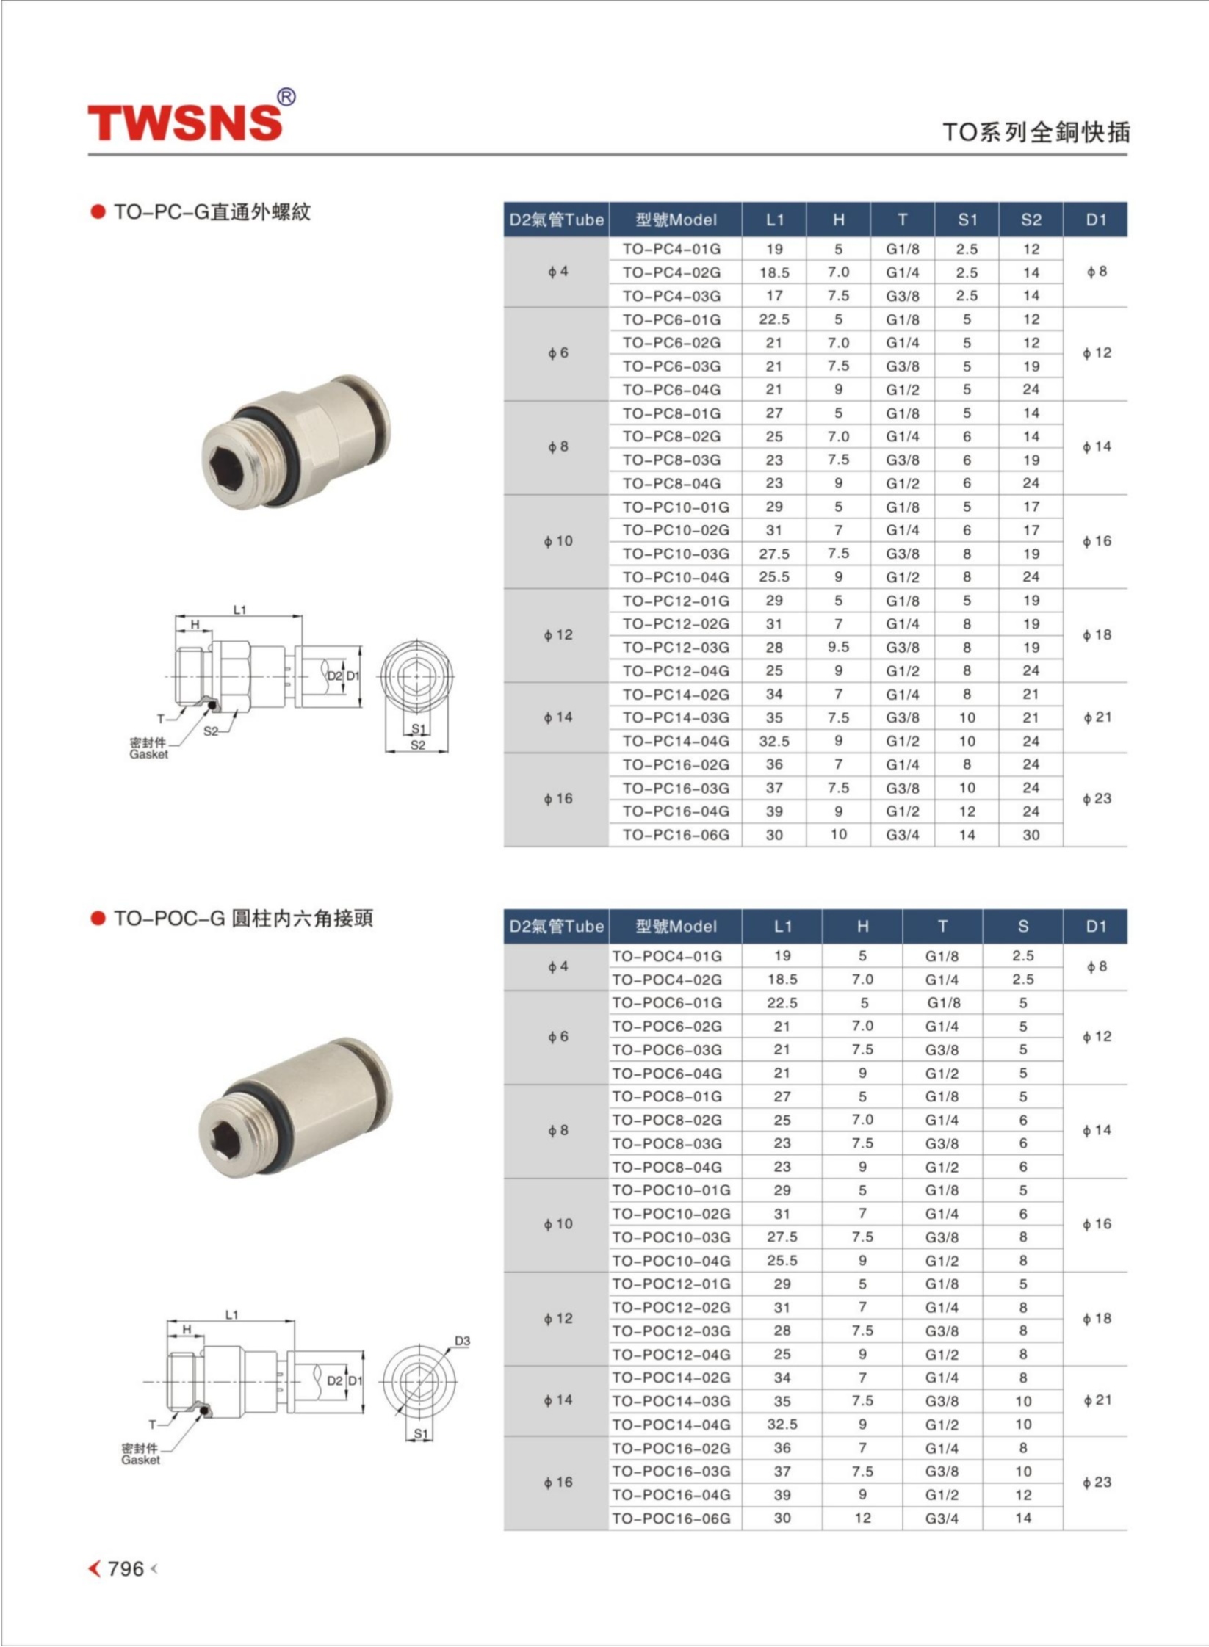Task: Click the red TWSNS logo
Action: tap(185, 122)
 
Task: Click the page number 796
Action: tap(126, 1568)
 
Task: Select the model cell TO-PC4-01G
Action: tap(671, 249)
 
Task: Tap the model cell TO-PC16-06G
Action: tap(676, 835)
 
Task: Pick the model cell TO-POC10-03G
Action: tap(671, 1237)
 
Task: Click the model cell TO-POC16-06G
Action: tap(671, 1519)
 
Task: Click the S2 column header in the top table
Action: tap(1031, 220)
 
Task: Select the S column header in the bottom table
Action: tap(1023, 927)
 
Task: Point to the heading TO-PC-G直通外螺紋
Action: tap(212, 212)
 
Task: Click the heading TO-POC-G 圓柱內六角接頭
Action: tap(243, 919)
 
